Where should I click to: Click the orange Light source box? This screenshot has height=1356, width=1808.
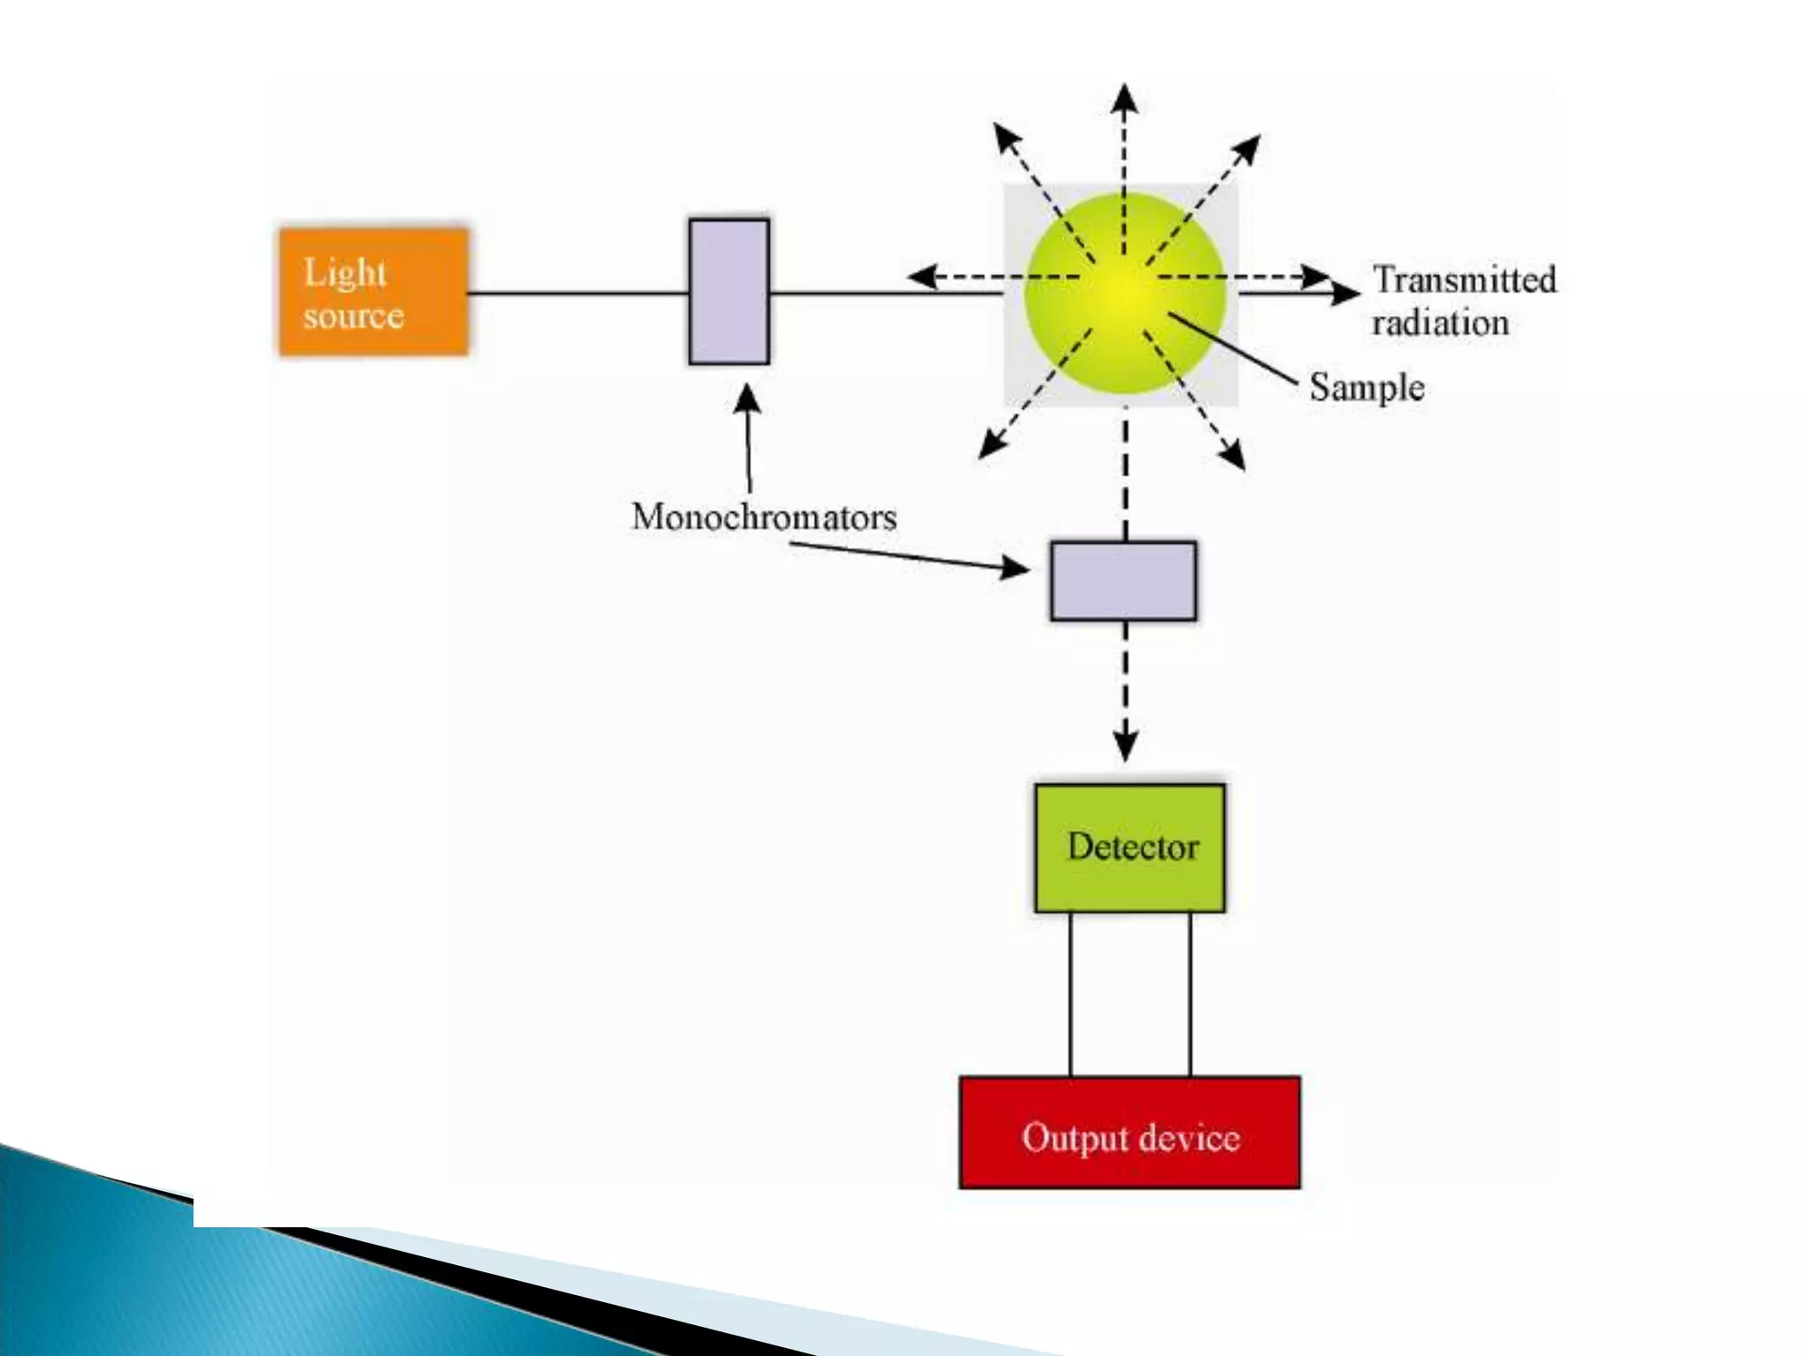pos(373,292)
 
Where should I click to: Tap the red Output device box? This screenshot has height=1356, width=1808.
pos(1129,1133)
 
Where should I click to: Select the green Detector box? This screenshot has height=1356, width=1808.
pos(1129,847)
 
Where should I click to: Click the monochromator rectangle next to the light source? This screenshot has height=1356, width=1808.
pos(728,291)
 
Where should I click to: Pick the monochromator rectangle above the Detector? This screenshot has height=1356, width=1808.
pos(1123,581)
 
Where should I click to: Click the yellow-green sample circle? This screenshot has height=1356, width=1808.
pos(1125,293)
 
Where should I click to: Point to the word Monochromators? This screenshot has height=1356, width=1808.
pos(764,517)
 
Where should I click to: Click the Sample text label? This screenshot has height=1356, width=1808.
pos(1366,388)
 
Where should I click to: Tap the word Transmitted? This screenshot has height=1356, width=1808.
pos(1465,280)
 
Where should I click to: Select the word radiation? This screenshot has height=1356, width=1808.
pos(1440,323)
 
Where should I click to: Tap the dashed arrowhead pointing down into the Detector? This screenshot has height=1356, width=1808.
pos(1125,747)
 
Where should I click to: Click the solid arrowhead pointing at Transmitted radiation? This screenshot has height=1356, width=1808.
pos(1345,293)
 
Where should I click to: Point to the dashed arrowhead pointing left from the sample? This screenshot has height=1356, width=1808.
pos(922,277)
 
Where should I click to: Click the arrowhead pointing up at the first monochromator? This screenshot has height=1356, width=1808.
pos(747,399)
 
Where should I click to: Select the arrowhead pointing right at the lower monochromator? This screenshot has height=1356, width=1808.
pos(1015,568)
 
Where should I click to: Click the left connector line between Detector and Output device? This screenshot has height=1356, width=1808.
pos(1070,994)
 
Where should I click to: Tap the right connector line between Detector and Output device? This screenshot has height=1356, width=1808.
pos(1189,994)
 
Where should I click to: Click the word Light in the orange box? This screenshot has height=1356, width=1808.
pos(344,273)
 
